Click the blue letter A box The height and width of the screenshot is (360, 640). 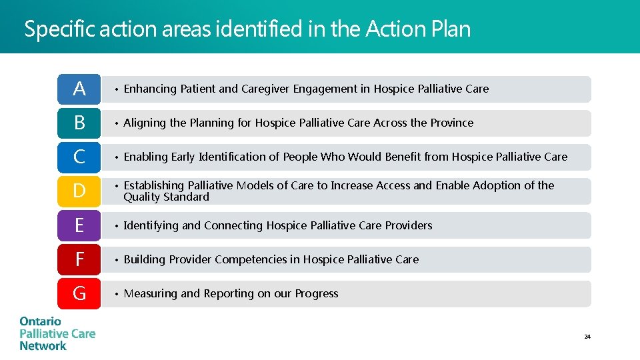(79, 89)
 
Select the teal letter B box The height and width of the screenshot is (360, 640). (79, 123)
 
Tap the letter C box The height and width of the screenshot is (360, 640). (79, 157)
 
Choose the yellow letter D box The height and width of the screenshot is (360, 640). (79, 191)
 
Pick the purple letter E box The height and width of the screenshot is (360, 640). (79, 225)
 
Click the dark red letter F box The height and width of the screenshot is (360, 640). (79, 259)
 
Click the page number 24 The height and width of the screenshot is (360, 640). (587, 337)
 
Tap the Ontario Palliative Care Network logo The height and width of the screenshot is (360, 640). (57, 333)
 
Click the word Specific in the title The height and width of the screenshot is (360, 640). (60, 29)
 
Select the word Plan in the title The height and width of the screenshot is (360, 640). (451, 29)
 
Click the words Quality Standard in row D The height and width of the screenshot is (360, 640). (166, 197)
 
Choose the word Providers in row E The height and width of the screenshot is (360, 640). (409, 225)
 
